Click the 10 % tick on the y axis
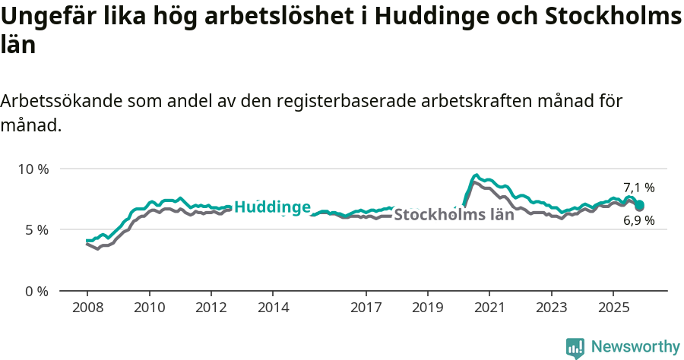point(33,169)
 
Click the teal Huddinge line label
point(272,207)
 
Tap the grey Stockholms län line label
point(454,214)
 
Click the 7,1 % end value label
point(638,188)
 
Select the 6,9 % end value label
point(638,221)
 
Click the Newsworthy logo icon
point(575,347)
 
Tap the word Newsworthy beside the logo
point(635,347)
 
